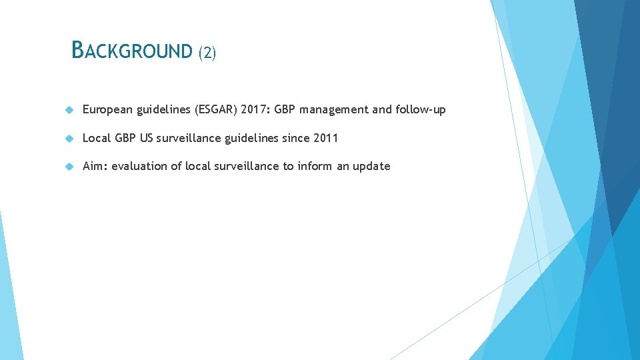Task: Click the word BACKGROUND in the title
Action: click(131, 51)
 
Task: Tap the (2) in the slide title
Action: click(207, 53)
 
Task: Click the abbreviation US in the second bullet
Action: click(146, 138)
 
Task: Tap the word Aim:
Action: click(94, 166)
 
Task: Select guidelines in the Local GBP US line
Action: click(251, 138)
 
